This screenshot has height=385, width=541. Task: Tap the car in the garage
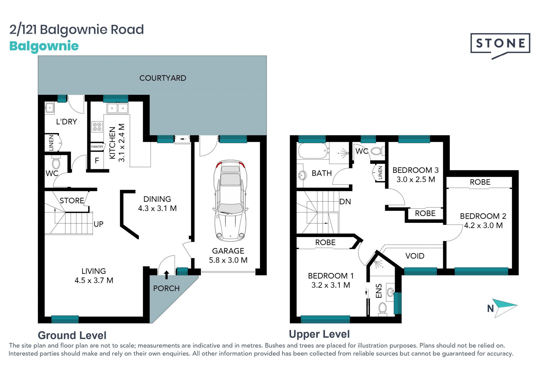tap(230, 201)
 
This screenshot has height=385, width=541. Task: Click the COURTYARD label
tap(163, 78)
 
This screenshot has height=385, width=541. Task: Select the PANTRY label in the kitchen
tap(97, 147)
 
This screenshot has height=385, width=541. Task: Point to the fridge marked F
tap(97, 160)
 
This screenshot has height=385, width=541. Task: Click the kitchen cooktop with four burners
tap(97, 127)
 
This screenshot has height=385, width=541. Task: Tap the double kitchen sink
tap(117, 108)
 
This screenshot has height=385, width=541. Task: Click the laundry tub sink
tap(50, 108)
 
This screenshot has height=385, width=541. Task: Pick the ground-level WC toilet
tap(56, 162)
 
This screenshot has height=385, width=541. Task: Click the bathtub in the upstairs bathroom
tap(313, 151)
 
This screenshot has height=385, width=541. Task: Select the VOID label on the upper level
tap(415, 256)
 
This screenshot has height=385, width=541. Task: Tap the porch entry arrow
tap(167, 275)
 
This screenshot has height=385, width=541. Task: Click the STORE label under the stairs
tap(72, 200)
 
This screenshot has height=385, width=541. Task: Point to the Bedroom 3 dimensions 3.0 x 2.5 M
tap(416, 179)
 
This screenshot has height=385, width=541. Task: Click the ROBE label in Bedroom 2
tap(480, 182)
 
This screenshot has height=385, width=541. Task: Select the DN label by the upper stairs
tap(345, 202)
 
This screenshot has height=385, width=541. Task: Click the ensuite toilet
tap(382, 308)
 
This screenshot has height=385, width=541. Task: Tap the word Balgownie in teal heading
tap(44, 46)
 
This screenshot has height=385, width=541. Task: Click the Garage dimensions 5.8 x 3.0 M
tap(228, 260)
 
